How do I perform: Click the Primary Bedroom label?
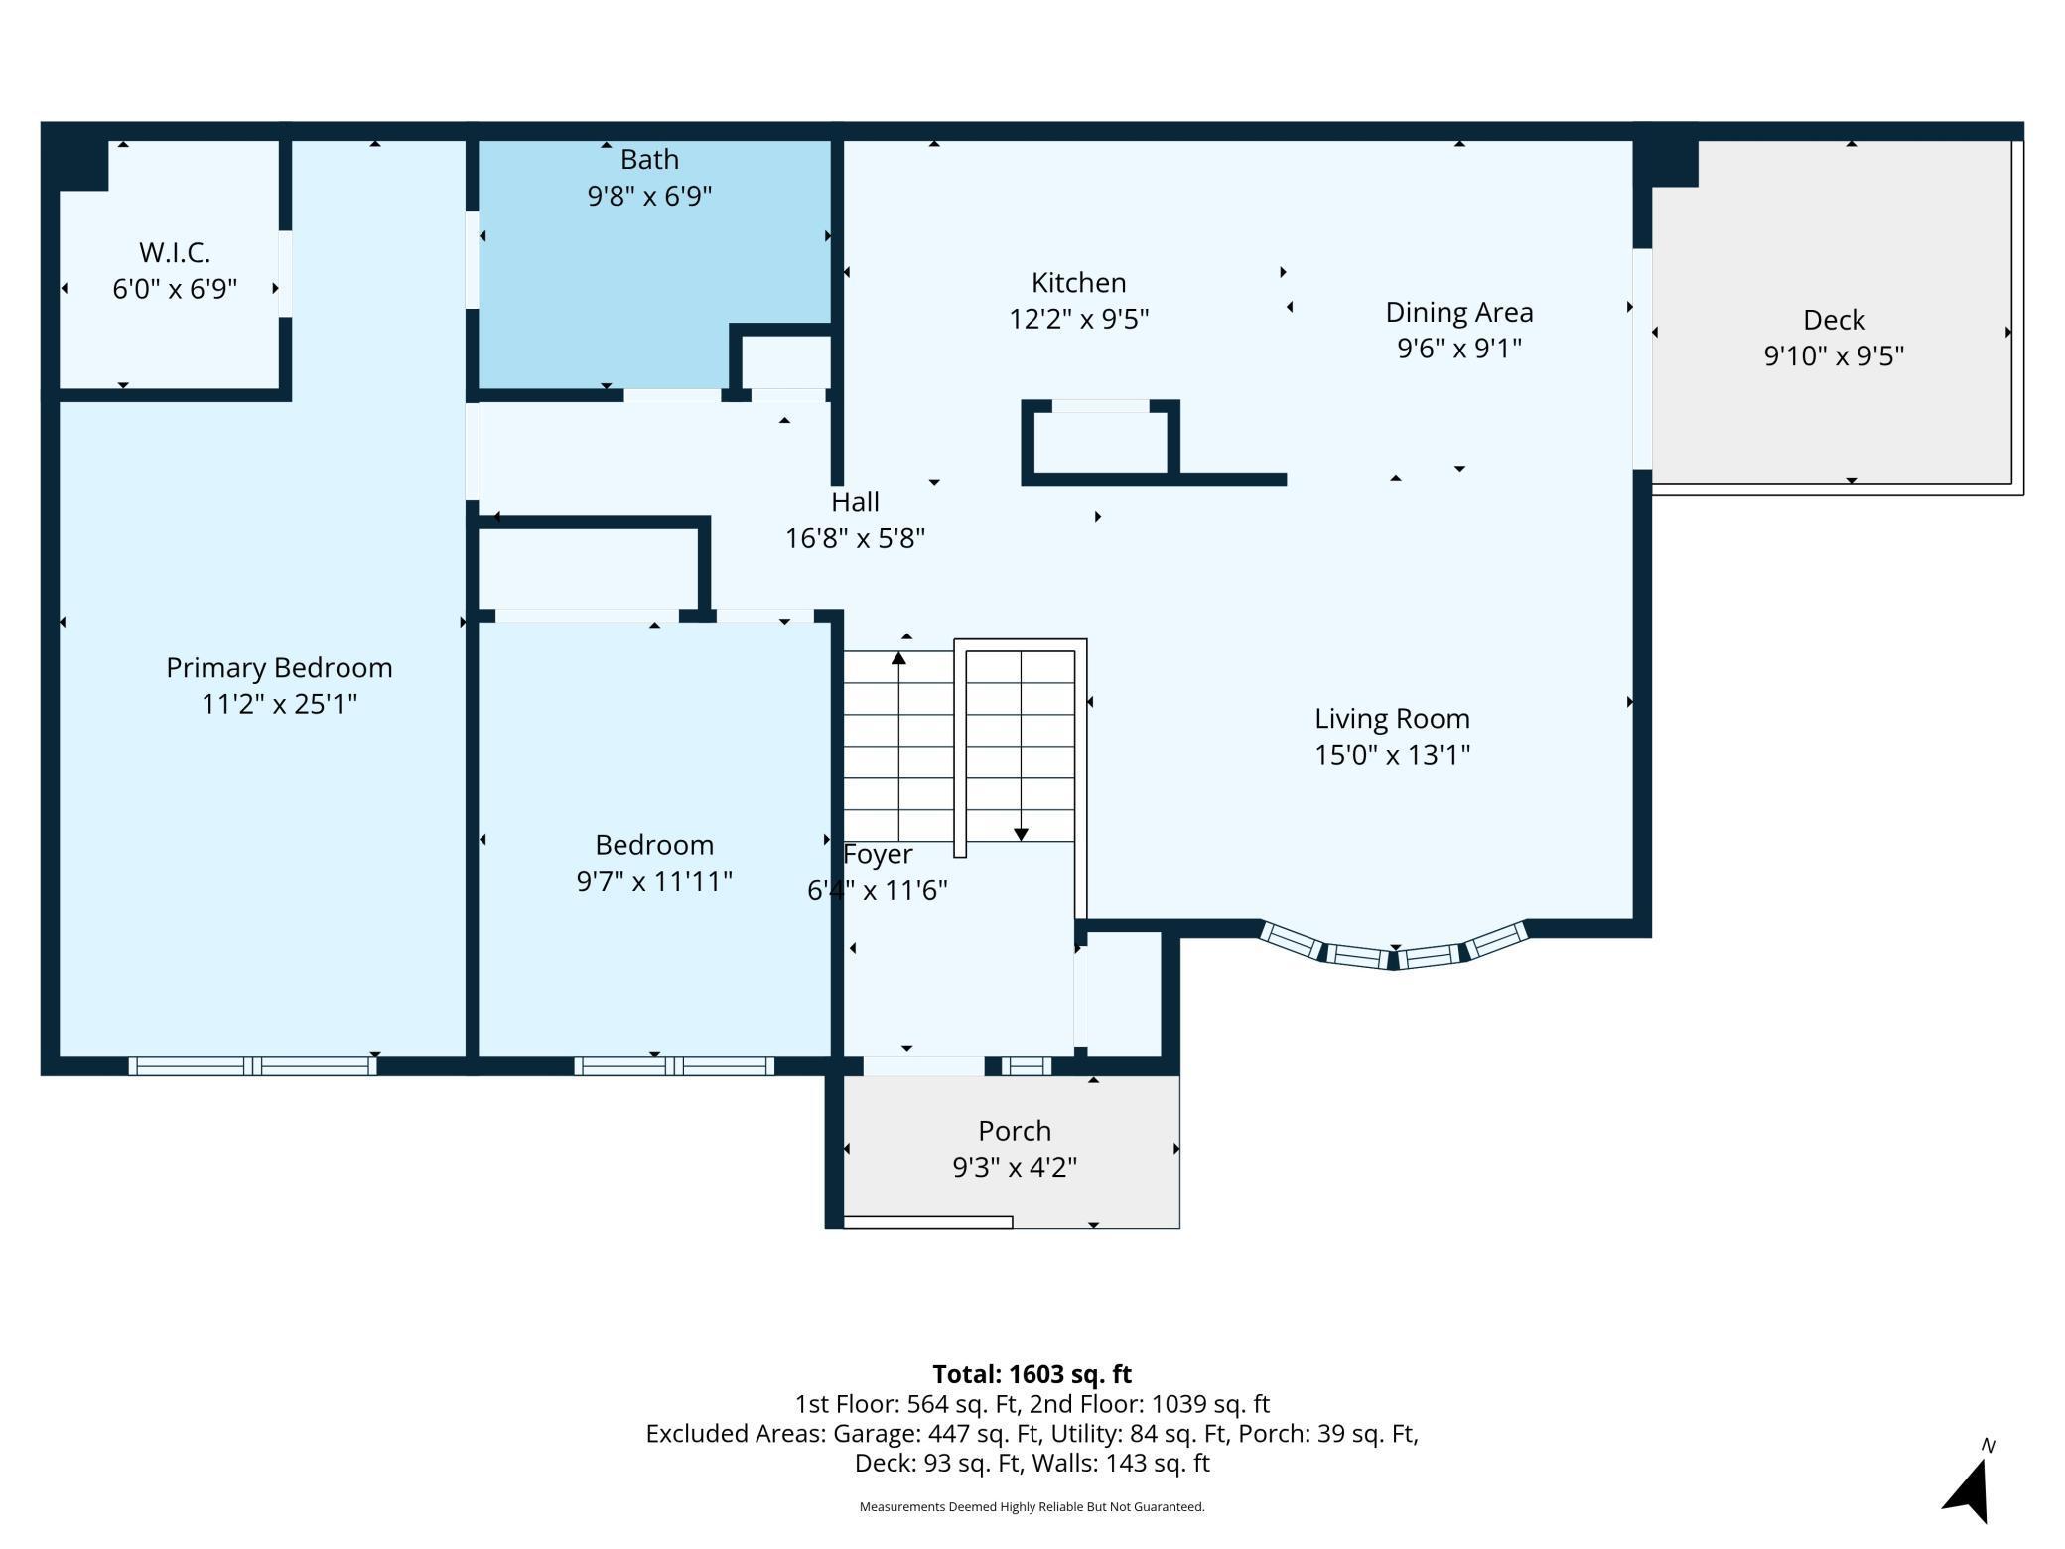279,668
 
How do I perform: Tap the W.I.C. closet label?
175,252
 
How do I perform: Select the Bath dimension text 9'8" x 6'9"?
649,196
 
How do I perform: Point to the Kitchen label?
1078,283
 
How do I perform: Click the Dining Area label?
1459,313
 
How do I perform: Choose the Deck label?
1834,320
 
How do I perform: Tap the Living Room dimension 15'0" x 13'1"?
1392,755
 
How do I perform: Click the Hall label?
855,501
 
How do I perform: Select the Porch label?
1014,1131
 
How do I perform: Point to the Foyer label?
878,855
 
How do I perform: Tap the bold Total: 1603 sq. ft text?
1032,1374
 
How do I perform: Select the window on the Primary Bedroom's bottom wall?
253,1066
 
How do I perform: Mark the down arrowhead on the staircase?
1021,835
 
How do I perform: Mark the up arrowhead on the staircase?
898,658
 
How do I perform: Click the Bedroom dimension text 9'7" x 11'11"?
654,881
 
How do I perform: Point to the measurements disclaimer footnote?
1032,1507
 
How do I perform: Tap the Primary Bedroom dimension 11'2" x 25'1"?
279,704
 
